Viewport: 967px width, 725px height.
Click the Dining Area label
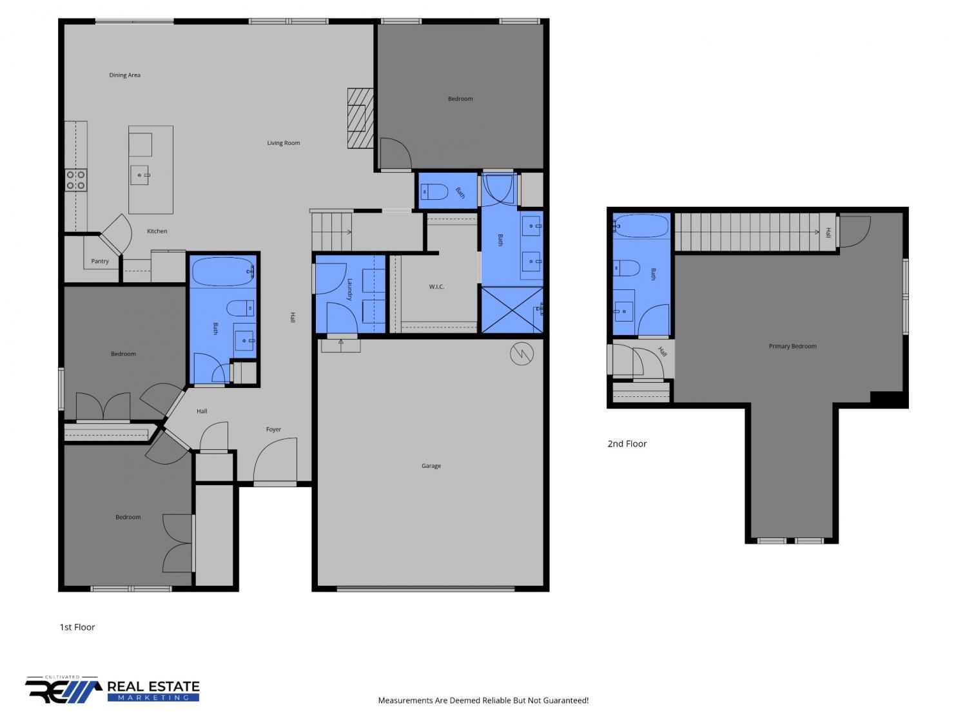point(124,75)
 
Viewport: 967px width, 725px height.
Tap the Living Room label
point(283,143)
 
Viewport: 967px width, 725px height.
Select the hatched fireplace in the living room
point(360,118)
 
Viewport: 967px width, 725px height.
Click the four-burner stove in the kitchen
point(76,180)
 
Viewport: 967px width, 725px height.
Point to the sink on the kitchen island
point(140,175)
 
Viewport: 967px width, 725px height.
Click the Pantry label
point(100,261)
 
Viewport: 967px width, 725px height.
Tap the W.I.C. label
point(436,287)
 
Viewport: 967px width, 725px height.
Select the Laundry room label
point(350,289)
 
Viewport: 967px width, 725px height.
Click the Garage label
point(431,466)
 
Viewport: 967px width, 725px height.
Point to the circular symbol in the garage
point(522,353)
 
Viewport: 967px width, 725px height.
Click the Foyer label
point(273,429)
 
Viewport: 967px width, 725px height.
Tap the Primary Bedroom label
point(792,347)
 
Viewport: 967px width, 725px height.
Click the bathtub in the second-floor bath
point(641,226)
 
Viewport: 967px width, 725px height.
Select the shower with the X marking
point(512,310)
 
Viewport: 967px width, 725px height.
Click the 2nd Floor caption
point(627,444)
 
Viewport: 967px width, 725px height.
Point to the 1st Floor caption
point(77,627)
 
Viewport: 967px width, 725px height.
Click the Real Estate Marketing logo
point(112,690)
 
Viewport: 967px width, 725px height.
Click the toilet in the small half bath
point(435,192)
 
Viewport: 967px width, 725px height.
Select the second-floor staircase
point(755,233)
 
